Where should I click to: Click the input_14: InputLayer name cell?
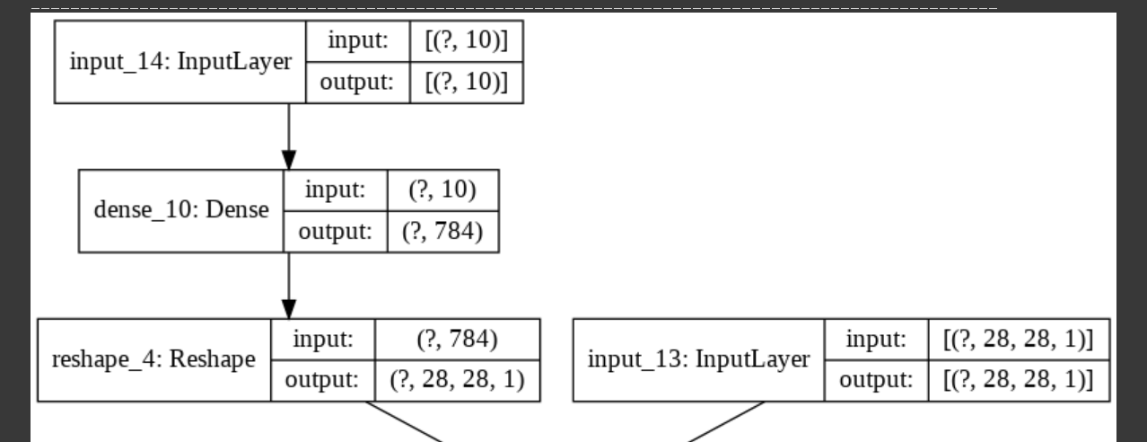point(180,62)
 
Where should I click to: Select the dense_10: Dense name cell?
point(181,210)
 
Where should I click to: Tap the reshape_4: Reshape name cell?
point(153,360)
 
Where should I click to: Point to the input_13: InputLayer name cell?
point(697,360)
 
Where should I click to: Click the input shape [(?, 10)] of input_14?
point(465,41)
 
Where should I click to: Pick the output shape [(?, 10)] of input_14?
point(465,83)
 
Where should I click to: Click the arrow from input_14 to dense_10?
point(288,135)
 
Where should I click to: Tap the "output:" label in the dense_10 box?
point(334,231)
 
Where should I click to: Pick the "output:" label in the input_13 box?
point(874,381)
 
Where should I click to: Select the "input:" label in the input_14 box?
point(357,41)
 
